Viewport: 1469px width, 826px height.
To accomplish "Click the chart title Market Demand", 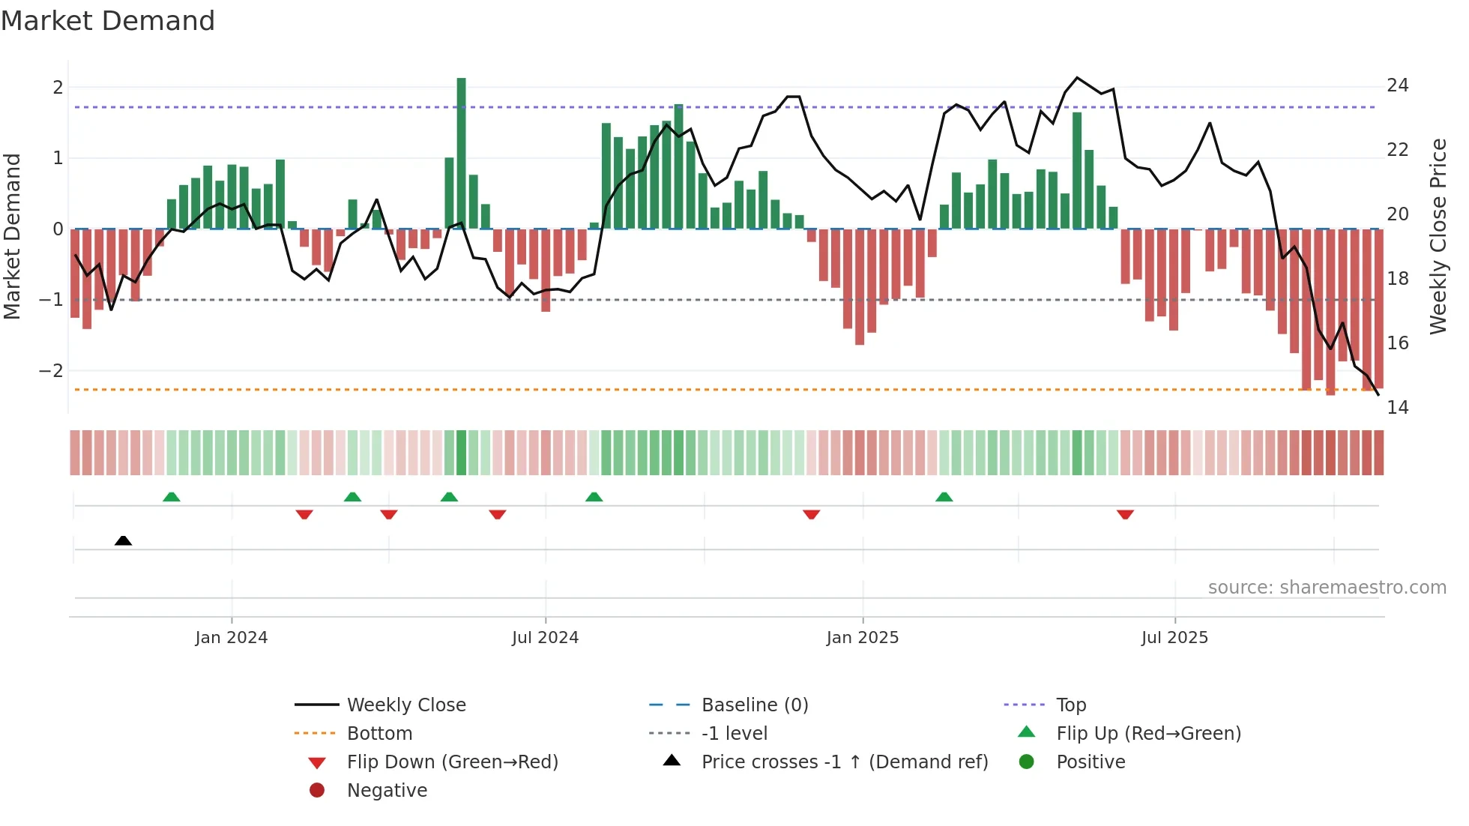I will click(108, 21).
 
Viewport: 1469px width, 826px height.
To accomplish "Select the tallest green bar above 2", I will click(461, 150).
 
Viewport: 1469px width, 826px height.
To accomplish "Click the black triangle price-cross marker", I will click(124, 540).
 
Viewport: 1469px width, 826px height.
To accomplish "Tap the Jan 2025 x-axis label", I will click(862, 638).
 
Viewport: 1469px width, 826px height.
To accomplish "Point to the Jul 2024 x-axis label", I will click(545, 638).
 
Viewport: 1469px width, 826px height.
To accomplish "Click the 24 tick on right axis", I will click(1397, 85).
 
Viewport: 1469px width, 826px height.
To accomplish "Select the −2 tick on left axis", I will click(51, 371).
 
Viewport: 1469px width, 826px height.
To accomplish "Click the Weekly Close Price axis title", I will click(1438, 236).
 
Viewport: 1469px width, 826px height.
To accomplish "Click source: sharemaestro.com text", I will click(1327, 588).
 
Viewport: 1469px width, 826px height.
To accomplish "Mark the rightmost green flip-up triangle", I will click(944, 497).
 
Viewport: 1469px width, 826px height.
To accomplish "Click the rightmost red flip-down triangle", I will click(1125, 514).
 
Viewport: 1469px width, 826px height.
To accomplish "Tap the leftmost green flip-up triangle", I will click(172, 497).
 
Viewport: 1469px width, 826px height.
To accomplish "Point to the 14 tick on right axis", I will click(1397, 408).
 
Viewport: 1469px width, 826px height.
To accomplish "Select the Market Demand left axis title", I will click(13, 236).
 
